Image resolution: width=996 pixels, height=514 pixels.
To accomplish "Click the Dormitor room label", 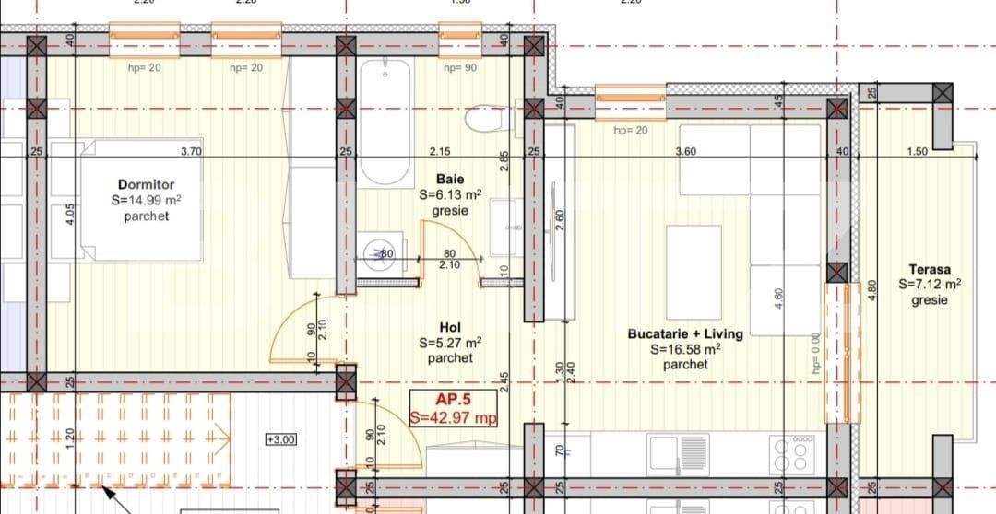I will pos(146,184).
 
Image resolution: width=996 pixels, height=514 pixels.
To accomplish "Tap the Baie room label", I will pos(450,180).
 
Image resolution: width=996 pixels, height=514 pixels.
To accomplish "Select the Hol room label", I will pos(450,328).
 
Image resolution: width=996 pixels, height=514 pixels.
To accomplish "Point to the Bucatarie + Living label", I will pos(685,333).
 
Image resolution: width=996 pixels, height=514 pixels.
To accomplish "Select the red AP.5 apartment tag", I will pos(454,400).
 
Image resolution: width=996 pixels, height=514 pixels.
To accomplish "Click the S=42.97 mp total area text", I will pos(454,417).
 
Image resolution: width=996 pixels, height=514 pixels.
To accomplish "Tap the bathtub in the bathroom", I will pos(384,123).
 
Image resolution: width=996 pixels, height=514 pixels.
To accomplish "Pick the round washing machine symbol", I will pos(379,254).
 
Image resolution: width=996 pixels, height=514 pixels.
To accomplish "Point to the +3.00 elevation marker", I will pos(280,439).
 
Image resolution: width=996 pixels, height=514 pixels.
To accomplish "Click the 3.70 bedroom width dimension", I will pos(191,151).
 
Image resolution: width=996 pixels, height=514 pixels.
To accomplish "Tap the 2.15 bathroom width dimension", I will pos(440,151).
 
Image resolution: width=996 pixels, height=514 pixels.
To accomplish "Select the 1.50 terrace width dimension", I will pos(917,151).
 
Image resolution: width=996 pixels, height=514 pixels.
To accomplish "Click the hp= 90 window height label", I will pos(459,68).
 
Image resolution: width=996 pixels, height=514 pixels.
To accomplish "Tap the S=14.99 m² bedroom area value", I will pos(146,200).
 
